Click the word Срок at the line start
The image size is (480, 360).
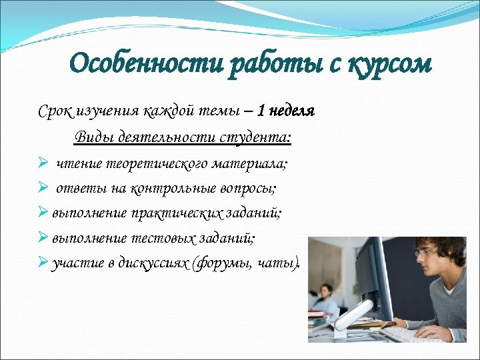(x=54, y=111)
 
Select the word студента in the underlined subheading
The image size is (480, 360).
(x=255, y=137)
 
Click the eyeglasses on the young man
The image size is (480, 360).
(x=426, y=252)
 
